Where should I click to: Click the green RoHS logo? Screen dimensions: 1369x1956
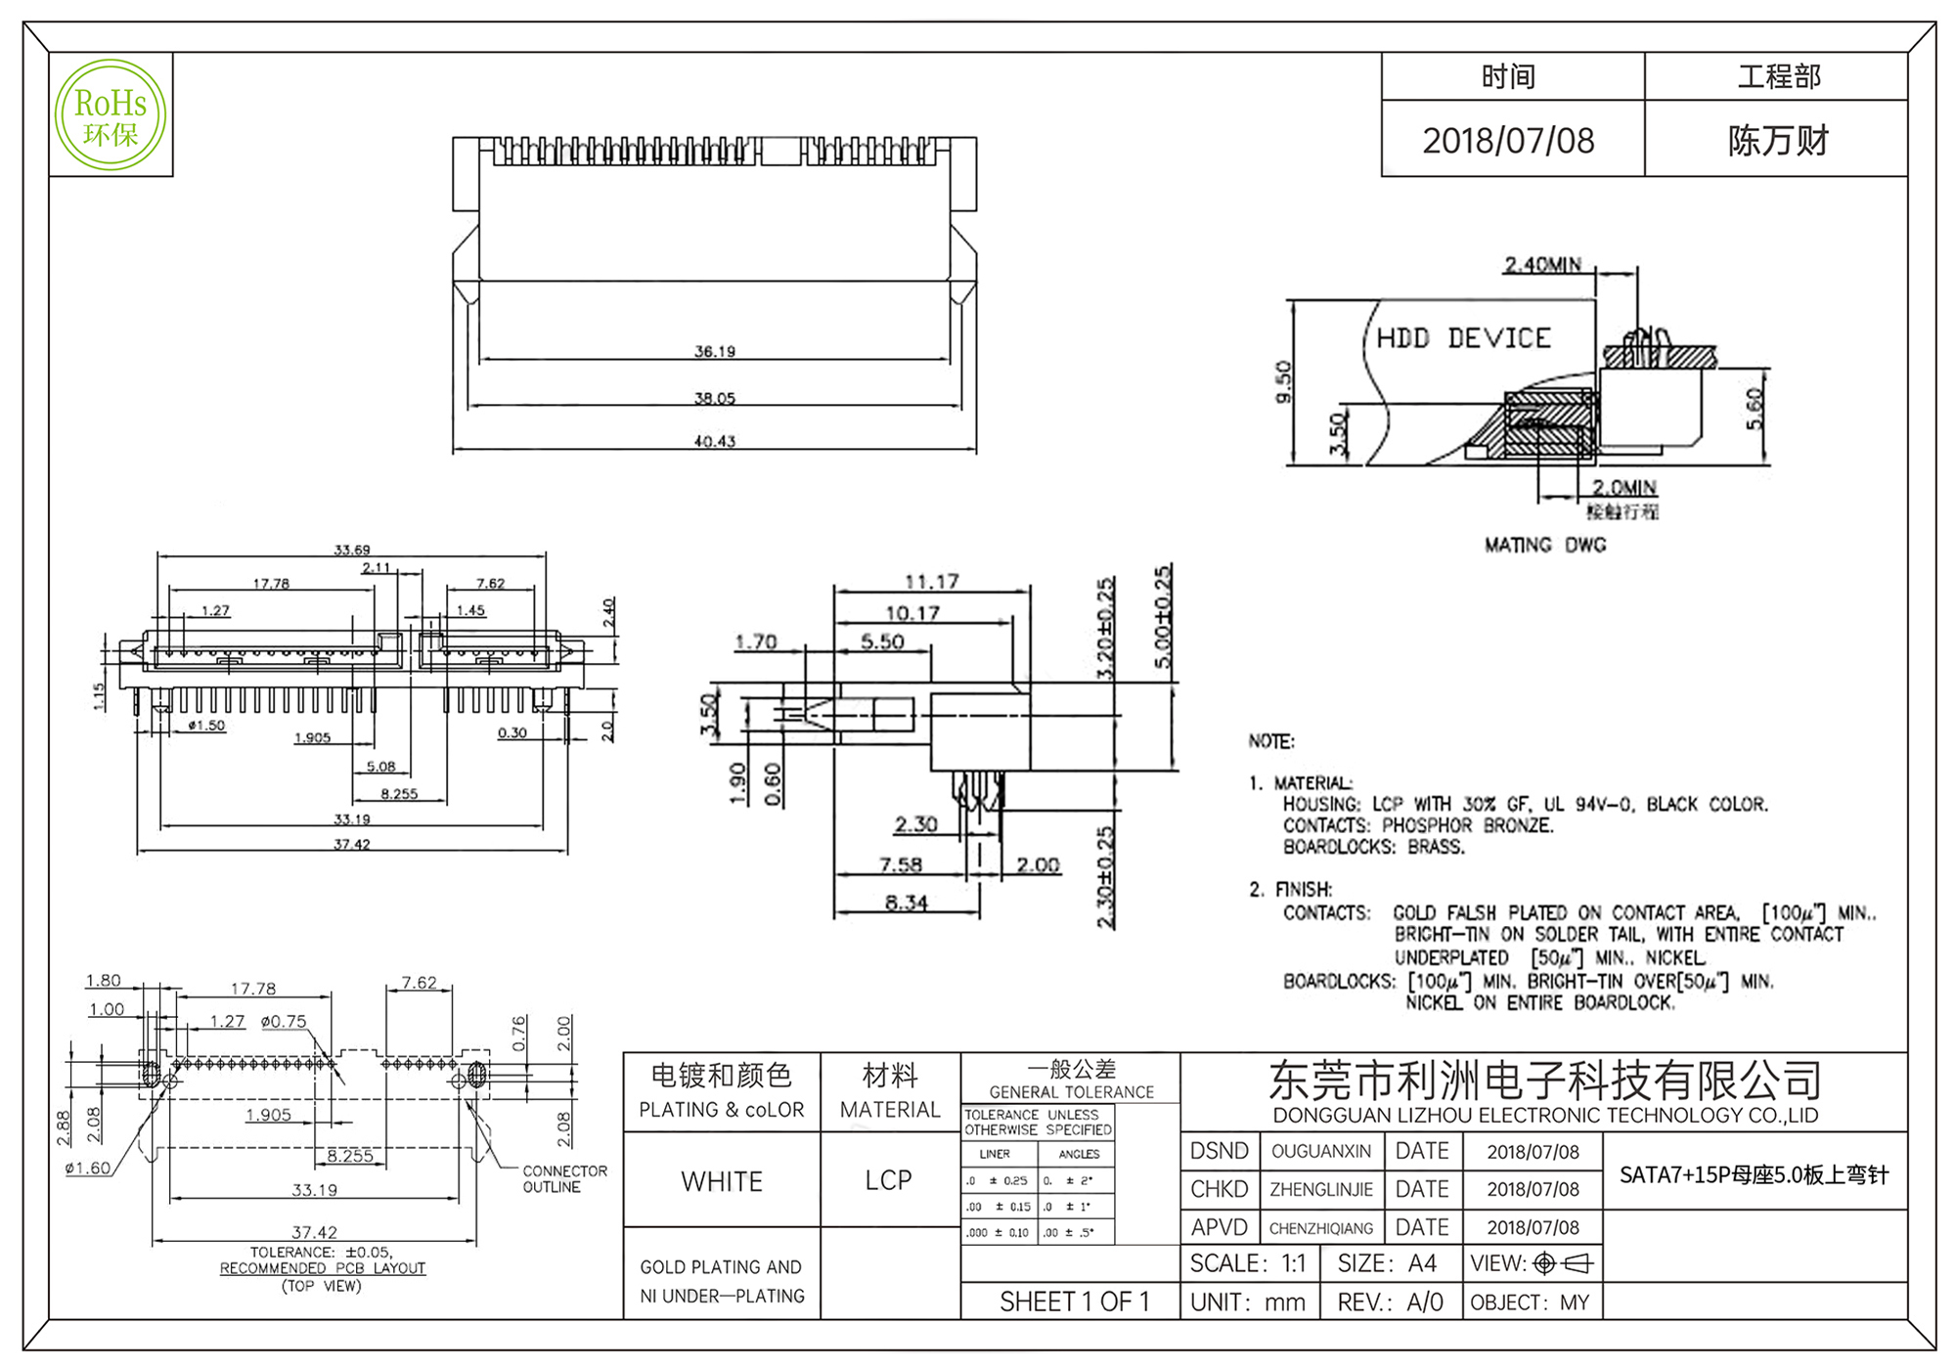click(111, 115)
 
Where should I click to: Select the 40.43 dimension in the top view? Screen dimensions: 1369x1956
click(714, 441)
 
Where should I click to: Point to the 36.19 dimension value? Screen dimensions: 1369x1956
click(714, 351)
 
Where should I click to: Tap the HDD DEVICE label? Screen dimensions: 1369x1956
click(1463, 338)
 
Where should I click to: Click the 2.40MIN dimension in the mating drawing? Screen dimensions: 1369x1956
click(1542, 264)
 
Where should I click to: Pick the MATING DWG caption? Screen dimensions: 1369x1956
click(1545, 545)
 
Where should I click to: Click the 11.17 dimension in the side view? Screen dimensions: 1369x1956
click(931, 582)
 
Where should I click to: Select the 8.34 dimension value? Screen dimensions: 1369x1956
click(906, 903)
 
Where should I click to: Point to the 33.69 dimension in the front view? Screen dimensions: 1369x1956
click(352, 550)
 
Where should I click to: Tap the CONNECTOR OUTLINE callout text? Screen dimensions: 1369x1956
click(564, 1178)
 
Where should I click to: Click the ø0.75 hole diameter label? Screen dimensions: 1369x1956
click(284, 1022)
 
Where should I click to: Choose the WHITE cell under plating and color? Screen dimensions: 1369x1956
click(722, 1181)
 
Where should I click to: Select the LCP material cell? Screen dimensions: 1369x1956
click(888, 1180)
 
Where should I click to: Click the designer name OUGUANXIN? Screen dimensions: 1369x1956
click(1321, 1152)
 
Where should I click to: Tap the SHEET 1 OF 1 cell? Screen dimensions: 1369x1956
click(1074, 1302)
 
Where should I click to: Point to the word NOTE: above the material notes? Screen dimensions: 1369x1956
click(1270, 741)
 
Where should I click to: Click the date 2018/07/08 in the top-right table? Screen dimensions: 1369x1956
click(1508, 141)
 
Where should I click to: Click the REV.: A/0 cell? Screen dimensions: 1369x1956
click(1390, 1303)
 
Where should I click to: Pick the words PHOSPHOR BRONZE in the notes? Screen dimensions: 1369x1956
click(1467, 825)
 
